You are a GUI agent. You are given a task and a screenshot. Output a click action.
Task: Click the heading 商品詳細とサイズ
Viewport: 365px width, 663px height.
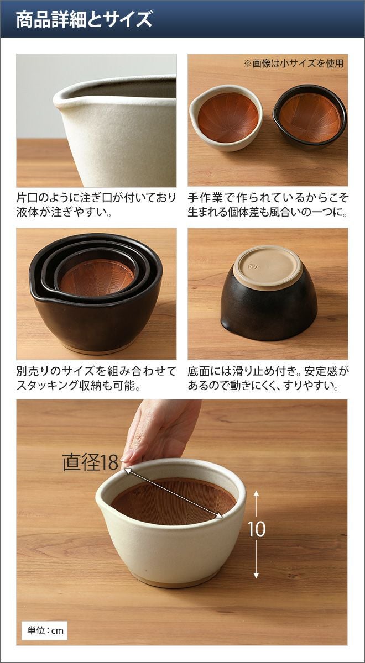pos(84,19)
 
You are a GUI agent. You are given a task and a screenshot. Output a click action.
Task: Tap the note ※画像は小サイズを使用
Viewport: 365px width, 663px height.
pos(294,64)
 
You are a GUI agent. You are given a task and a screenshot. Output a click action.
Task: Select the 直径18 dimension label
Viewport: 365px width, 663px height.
pos(90,462)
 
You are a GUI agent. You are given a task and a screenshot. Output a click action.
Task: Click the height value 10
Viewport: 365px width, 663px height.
pos(257,529)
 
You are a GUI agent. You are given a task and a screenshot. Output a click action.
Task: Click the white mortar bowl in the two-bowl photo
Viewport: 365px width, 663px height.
pos(226,118)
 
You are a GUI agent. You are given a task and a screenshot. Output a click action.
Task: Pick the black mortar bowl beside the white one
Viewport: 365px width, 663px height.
pos(309,117)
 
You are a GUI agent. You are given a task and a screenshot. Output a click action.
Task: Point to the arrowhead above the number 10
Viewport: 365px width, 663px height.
pos(257,493)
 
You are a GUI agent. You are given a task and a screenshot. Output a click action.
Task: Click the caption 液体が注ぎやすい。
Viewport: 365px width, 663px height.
pos(64,212)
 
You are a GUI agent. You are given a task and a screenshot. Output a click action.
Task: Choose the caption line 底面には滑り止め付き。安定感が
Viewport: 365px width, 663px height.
pos(268,371)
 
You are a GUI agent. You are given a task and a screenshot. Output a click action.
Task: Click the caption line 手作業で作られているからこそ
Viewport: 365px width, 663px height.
pos(268,198)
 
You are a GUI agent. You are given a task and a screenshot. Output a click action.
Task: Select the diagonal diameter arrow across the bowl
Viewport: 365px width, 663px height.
pos(173,493)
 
